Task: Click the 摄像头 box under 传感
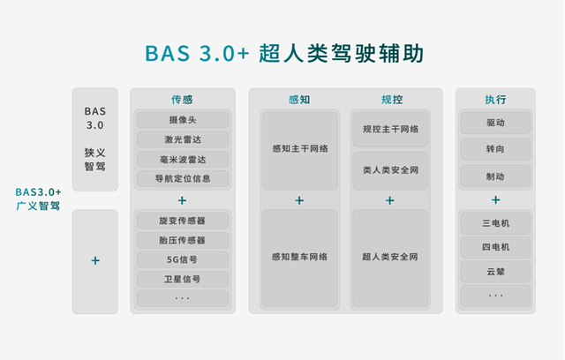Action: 183,120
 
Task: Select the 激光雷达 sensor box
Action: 183,139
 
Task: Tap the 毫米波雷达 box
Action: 183,159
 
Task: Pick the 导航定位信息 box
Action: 183,178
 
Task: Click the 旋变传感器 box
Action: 183,221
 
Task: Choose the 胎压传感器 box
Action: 183,240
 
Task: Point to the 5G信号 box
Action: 183,259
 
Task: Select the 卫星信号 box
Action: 183,279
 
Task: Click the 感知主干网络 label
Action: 300,148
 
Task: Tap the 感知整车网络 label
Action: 300,257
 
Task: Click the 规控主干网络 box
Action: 390,129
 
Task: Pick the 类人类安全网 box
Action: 390,170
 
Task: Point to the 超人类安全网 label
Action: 390,257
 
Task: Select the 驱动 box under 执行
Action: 495,123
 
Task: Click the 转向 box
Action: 495,149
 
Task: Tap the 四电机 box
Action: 495,247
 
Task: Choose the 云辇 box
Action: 495,272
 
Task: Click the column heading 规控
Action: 392,100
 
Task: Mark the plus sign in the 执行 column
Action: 496,199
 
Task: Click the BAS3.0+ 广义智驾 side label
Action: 38,199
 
